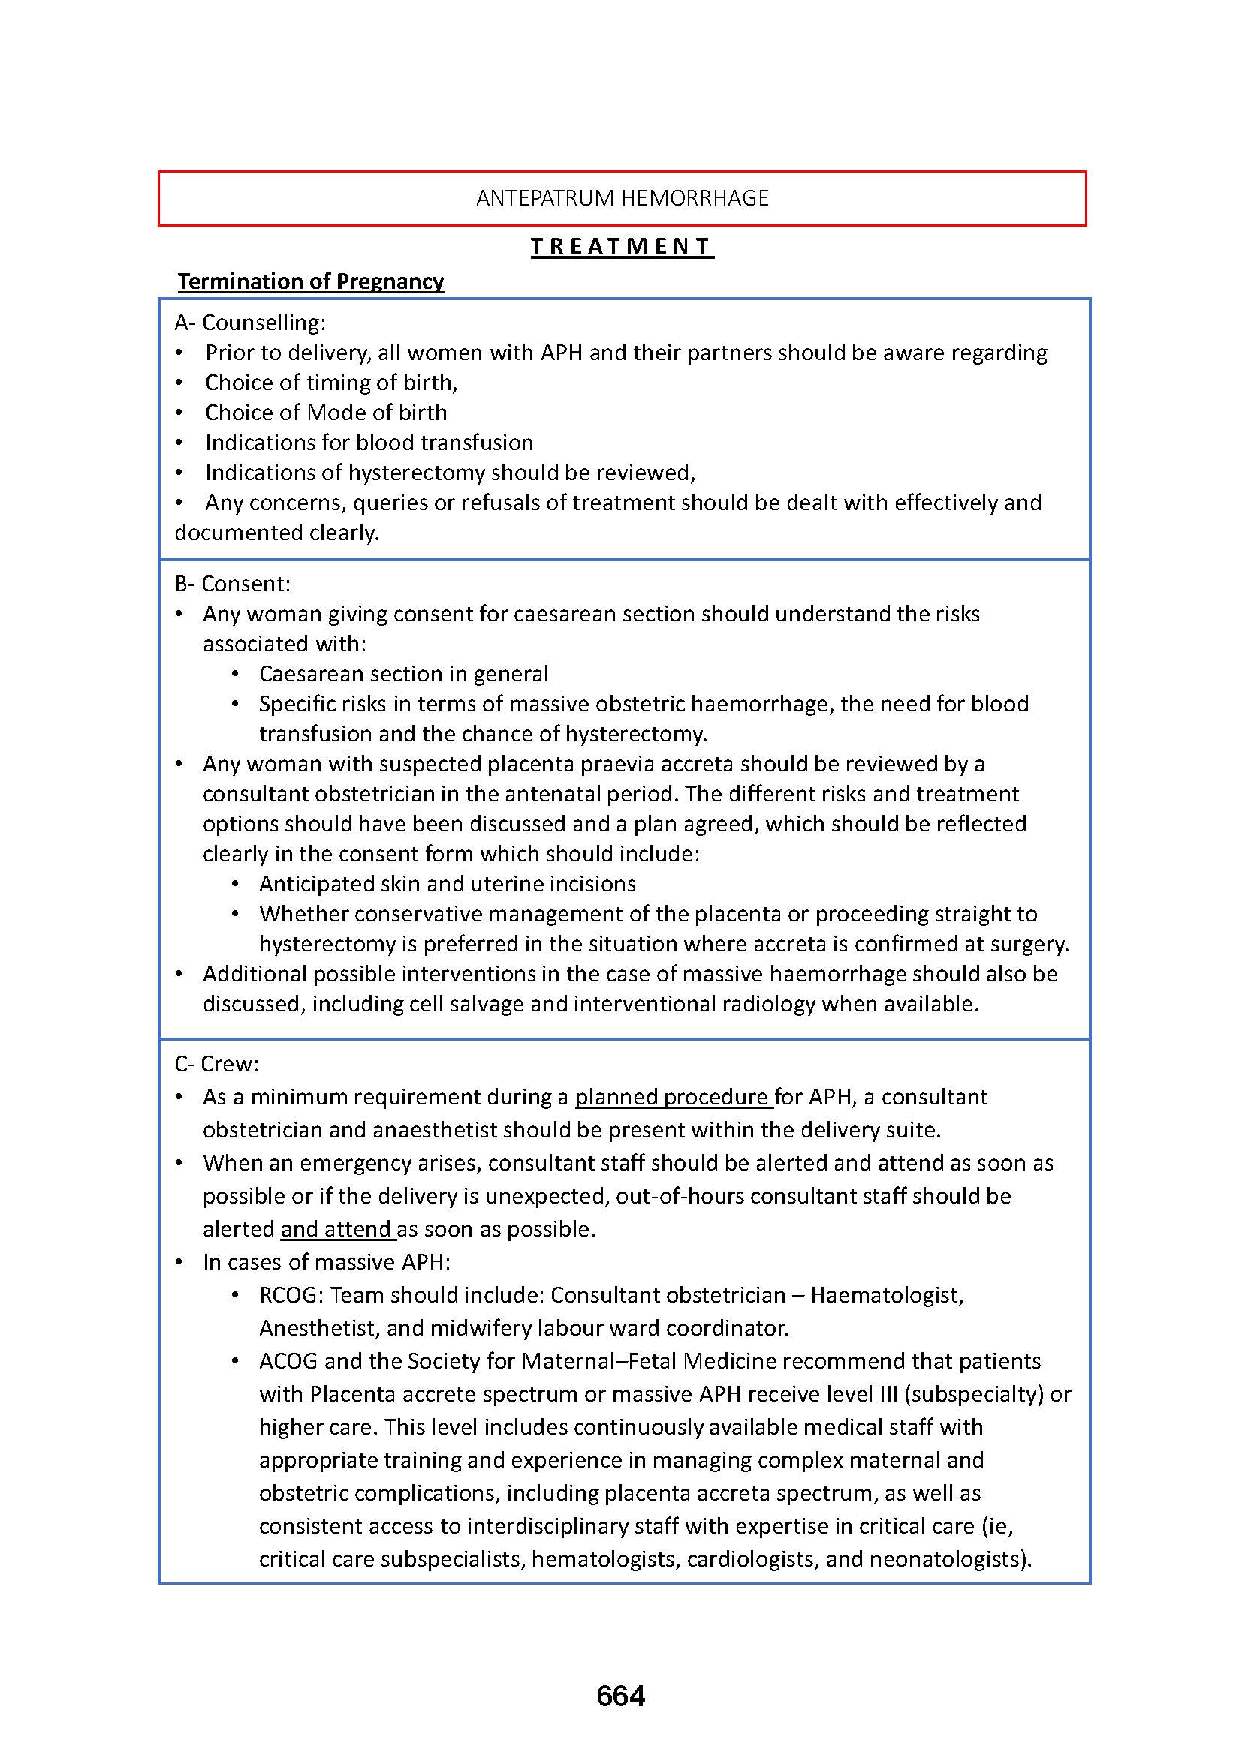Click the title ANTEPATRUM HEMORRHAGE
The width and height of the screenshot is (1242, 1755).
tap(622, 198)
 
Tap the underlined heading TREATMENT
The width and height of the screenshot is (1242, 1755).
tap(622, 246)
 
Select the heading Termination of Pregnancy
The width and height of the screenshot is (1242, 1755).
tap(311, 281)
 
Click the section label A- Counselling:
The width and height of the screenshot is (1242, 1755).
tap(250, 323)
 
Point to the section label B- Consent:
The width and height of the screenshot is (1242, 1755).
tap(233, 584)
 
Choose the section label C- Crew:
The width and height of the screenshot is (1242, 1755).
tap(217, 1064)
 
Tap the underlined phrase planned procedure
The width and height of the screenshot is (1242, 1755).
tap(673, 1097)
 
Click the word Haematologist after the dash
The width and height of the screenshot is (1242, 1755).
tap(885, 1295)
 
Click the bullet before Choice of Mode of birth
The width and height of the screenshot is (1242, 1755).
tap(179, 413)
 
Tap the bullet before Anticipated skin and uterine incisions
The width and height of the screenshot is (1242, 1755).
tap(236, 885)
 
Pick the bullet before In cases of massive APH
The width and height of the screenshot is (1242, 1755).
tap(179, 1262)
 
